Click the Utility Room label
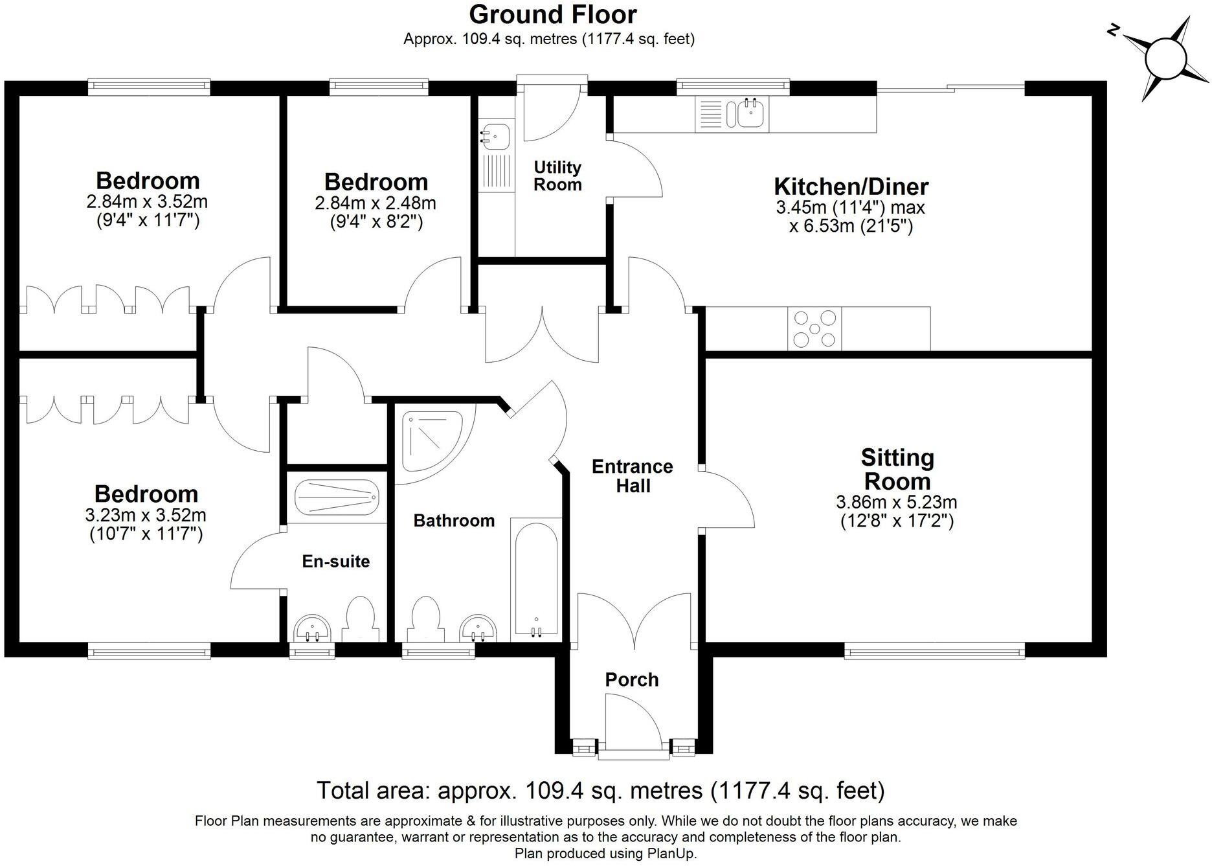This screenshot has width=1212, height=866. tap(557, 176)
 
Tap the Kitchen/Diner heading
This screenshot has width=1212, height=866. tap(851, 187)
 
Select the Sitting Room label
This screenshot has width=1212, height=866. tap(897, 470)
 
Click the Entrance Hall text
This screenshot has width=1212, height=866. tap(633, 476)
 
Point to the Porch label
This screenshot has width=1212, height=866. tap(631, 679)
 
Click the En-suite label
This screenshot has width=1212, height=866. tap(336, 562)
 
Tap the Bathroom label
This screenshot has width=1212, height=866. tap(454, 521)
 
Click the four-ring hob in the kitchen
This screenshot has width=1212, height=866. tap(815, 329)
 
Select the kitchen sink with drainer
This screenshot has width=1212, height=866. tap(732, 115)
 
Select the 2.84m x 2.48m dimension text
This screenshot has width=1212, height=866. tap(376, 203)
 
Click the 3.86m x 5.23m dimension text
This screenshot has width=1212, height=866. tap(896, 502)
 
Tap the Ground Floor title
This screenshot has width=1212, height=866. tap(553, 14)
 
